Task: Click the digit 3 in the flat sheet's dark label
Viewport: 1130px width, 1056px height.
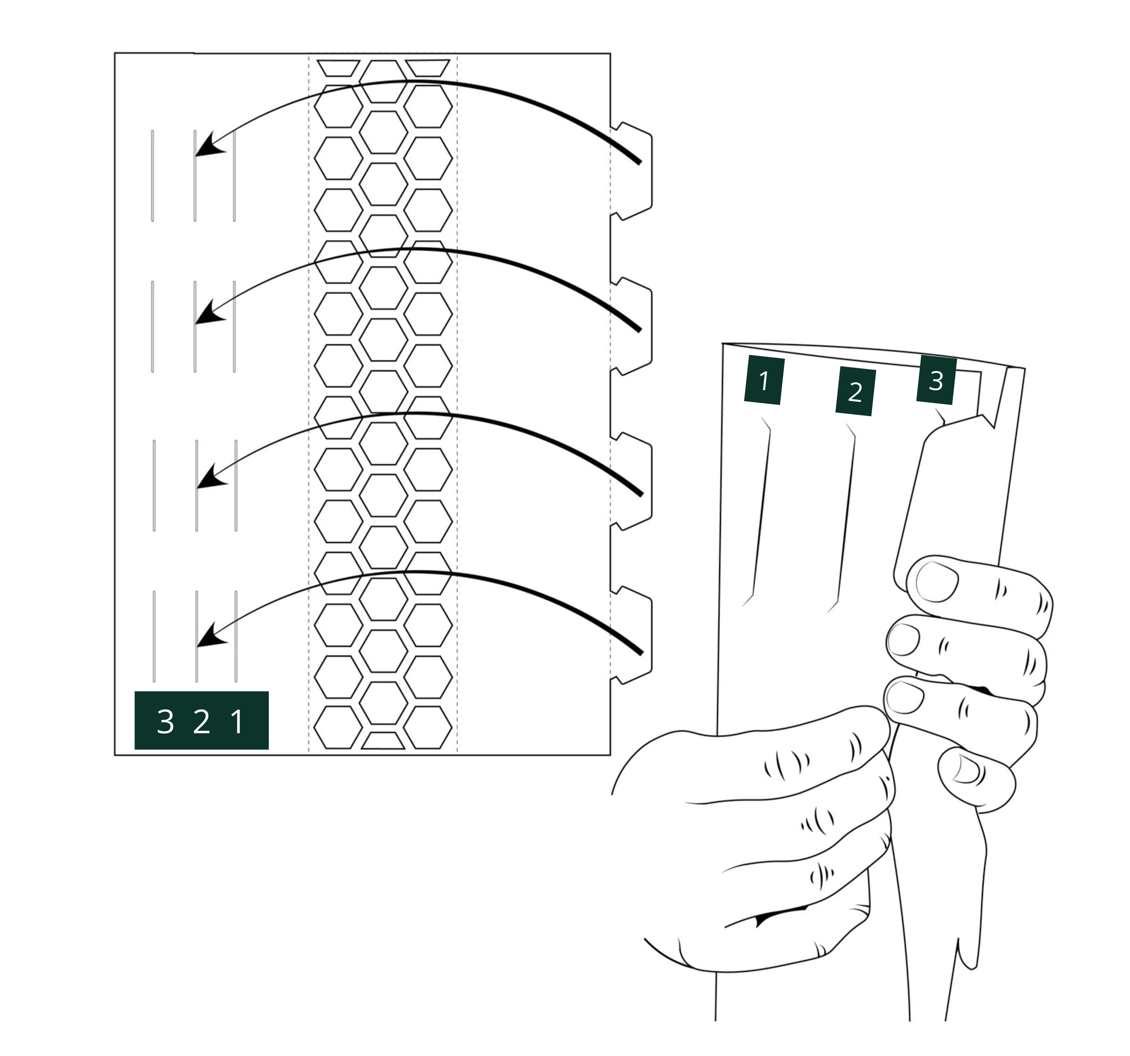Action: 165,722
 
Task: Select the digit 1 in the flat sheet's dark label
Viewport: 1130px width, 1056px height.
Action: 237,722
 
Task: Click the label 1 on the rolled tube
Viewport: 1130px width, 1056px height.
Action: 765,381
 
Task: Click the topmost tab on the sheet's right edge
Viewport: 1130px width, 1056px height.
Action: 631,170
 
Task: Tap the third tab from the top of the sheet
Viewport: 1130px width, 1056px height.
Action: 631,481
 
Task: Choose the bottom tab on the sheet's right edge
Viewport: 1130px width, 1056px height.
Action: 631,635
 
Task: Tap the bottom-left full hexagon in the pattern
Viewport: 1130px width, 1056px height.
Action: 338,728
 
